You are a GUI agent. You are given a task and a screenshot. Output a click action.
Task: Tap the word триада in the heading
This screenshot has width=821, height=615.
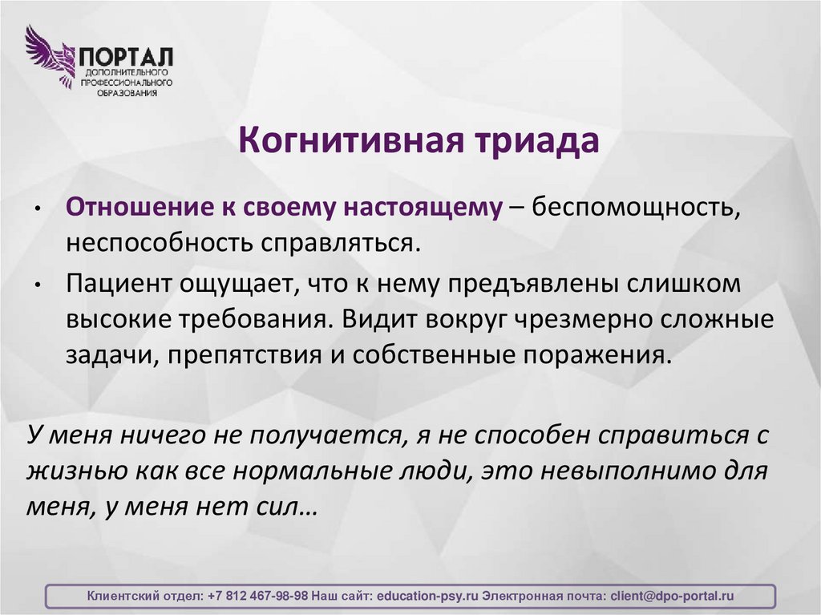pyautogui.click(x=532, y=142)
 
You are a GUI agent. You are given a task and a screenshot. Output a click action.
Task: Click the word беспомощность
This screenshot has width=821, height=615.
pyautogui.click(x=633, y=207)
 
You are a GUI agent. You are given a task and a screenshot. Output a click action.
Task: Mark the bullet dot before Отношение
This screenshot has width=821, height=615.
pyautogui.click(x=38, y=208)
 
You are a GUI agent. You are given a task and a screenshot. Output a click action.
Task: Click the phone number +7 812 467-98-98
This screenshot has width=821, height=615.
pyautogui.click(x=257, y=597)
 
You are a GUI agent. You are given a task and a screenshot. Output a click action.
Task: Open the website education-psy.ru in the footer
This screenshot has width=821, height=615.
pyautogui.click(x=427, y=597)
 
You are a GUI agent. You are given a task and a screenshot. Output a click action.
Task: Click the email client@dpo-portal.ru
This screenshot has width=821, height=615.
pyautogui.click(x=672, y=597)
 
